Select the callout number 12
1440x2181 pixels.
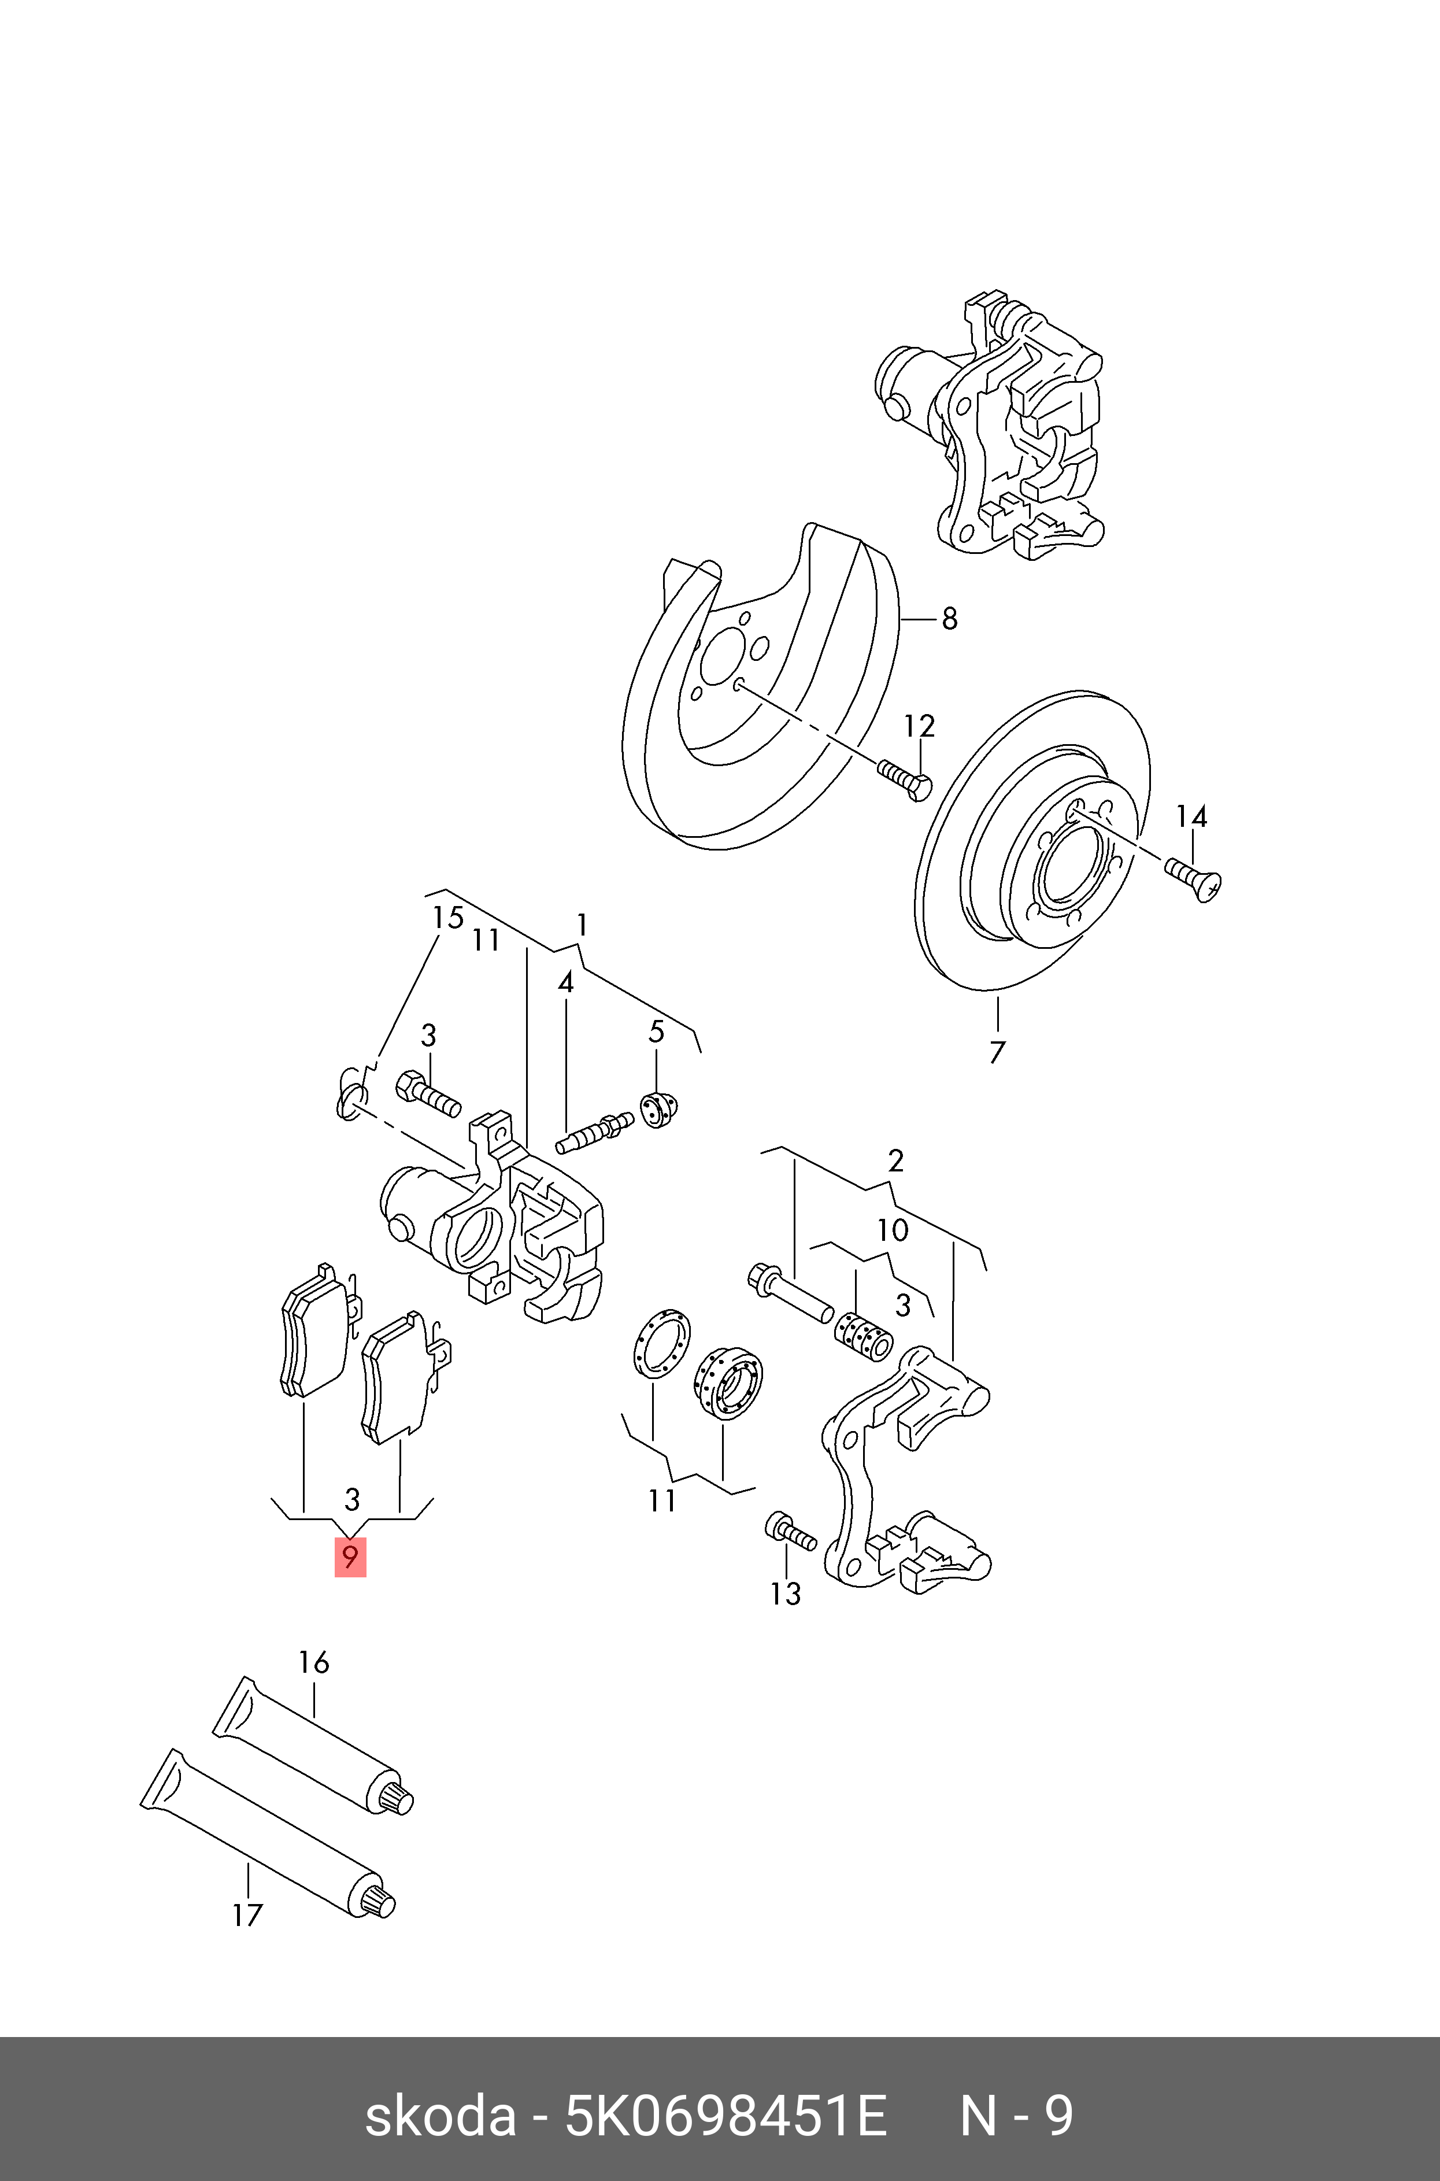[919, 726]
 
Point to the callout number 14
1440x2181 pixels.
[1191, 816]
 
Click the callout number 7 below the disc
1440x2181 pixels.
[997, 1052]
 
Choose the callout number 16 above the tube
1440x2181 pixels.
[313, 1662]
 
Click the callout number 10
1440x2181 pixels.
[893, 1230]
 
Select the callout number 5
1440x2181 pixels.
[656, 1032]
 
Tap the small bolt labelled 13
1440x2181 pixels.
[790, 1531]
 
